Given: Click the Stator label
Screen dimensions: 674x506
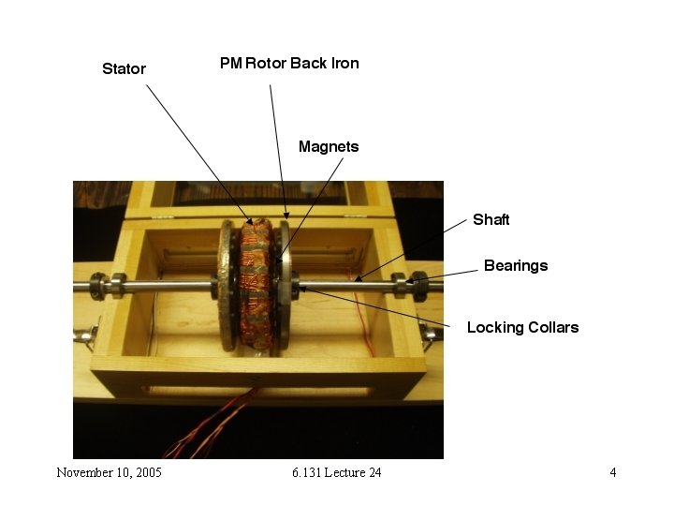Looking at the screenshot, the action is (x=124, y=68).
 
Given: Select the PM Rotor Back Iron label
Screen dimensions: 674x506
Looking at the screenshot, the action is (x=289, y=63).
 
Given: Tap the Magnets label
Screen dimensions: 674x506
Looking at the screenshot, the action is (x=328, y=146).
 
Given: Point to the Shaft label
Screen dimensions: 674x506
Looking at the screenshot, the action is (x=491, y=219).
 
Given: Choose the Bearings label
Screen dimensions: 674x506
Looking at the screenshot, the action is (x=515, y=265).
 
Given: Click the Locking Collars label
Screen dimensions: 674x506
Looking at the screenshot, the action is (x=522, y=327).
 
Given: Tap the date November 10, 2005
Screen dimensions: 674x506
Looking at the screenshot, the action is (x=109, y=472).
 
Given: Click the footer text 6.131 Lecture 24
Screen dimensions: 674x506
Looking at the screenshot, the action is (x=336, y=472).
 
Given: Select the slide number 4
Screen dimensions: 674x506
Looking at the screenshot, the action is (x=613, y=472).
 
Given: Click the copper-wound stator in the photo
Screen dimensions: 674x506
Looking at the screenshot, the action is (x=252, y=281).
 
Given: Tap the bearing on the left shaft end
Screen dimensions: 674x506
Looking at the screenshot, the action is (x=116, y=283).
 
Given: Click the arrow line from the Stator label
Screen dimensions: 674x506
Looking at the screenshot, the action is (x=197, y=150).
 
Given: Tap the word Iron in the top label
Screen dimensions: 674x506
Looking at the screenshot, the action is (x=343, y=63).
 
